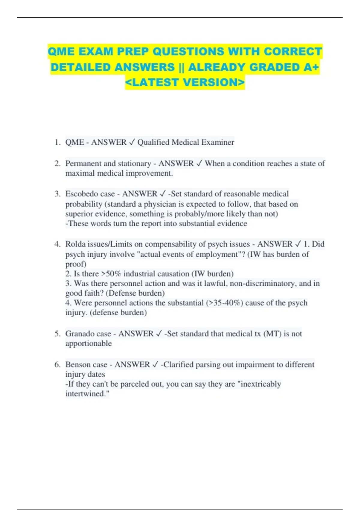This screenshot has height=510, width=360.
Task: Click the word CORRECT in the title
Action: tap(293, 51)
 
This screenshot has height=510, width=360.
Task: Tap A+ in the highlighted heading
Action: tap(311, 67)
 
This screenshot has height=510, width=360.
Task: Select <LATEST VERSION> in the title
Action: tap(185, 82)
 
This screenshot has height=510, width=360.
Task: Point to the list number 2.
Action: tap(57, 163)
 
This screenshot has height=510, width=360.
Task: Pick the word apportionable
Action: tap(88, 343)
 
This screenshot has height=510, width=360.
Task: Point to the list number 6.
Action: tap(57, 364)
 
